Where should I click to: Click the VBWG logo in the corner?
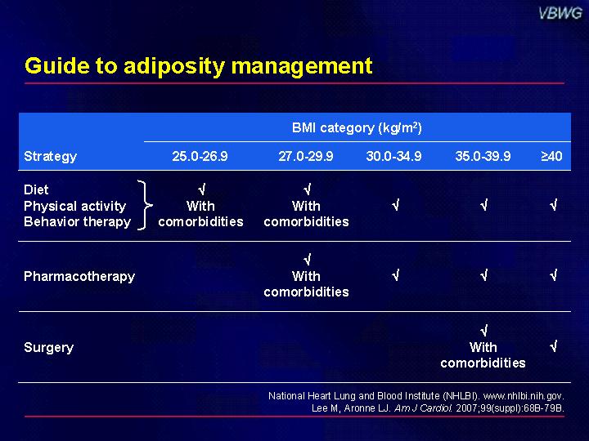pos(560,14)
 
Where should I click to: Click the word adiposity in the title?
pos(174,66)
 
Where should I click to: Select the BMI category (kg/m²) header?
pos(357,128)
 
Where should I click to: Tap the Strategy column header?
pos(51,156)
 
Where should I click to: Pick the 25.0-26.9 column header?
pos(200,156)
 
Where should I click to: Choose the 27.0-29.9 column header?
pos(306,156)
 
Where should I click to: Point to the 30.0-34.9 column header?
pos(393,156)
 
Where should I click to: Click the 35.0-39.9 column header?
pos(483,156)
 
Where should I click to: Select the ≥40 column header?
pos(551,156)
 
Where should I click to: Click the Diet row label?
pos(36,189)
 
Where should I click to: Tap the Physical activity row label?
pos(74,207)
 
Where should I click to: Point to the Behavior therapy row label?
pos(78,221)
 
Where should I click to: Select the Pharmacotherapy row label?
pos(79,276)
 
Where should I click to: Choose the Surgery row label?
pos(48,348)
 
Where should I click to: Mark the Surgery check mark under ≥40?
pos(553,346)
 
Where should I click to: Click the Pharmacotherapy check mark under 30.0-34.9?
pos(395,276)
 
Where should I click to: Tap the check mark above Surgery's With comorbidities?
pos(483,331)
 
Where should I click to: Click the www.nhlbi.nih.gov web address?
pos(524,396)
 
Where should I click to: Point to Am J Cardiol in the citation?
pos(423,408)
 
